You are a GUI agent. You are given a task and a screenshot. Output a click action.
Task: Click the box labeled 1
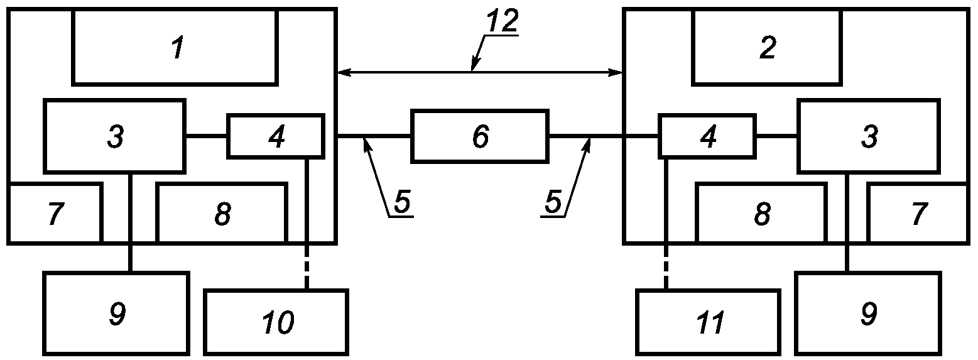click(x=175, y=46)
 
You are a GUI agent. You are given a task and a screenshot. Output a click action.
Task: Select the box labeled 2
click(x=767, y=46)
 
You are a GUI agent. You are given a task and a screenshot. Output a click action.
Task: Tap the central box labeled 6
click(x=479, y=136)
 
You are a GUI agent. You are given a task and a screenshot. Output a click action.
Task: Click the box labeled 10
click(x=276, y=322)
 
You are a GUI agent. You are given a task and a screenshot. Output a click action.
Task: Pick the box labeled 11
click(x=709, y=322)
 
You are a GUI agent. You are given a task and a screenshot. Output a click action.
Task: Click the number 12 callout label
click(x=502, y=21)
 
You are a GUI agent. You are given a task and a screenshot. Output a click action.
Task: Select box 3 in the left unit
click(x=115, y=136)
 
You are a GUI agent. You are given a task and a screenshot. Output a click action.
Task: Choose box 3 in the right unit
click(x=869, y=136)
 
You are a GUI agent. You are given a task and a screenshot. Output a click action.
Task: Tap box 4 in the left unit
click(x=276, y=136)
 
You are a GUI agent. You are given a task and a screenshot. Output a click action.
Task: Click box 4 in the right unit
click(x=707, y=136)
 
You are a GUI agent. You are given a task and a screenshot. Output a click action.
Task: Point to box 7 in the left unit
click(x=55, y=213)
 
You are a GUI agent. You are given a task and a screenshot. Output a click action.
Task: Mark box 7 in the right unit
click(x=918, y=213)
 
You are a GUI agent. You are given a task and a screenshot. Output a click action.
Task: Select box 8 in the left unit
click(x=222, y=213)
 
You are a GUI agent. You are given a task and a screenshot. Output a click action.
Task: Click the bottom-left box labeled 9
click(x=116, y=313)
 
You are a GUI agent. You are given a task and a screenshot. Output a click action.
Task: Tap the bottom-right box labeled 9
click(x=868, y=313)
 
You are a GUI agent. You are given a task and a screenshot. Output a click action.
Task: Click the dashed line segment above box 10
click(x=307, y=266)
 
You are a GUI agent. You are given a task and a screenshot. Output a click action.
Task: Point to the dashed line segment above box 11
click(x=666, y=266)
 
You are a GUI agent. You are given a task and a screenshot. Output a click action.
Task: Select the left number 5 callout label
click(x=402, y=202)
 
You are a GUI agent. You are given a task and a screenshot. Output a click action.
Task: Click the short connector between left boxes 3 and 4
click(x=207, y=137)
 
